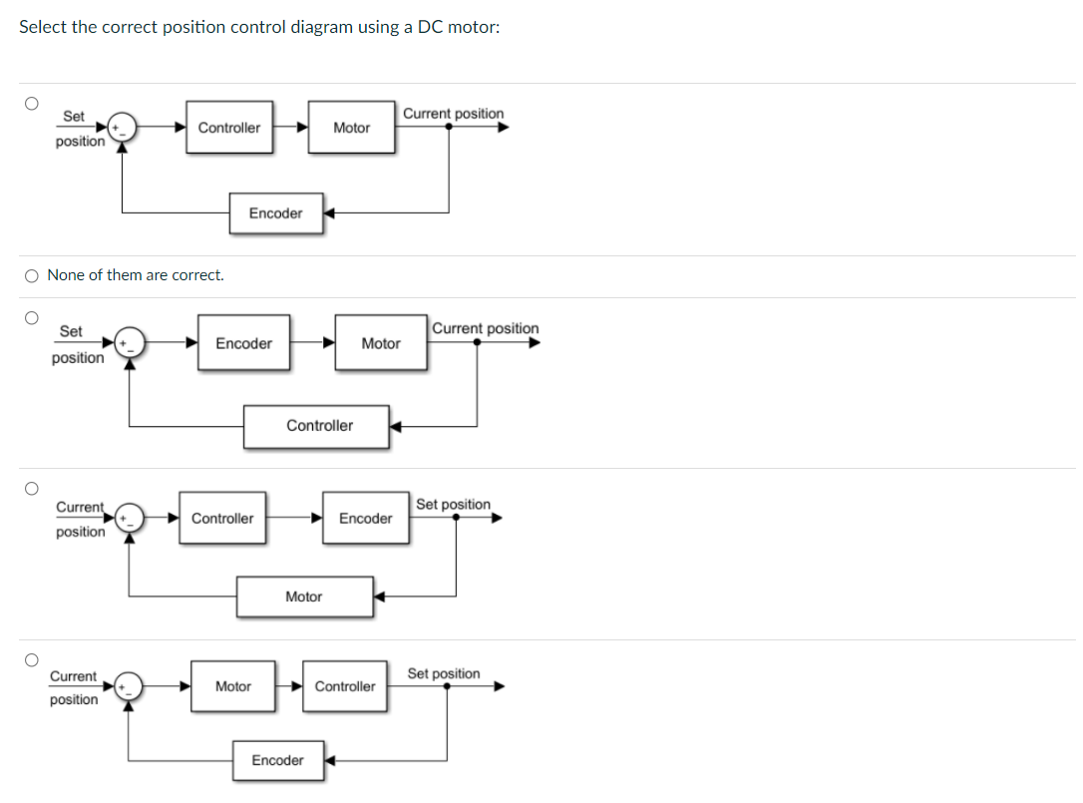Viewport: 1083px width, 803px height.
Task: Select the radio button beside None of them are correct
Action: [x=32, y=275]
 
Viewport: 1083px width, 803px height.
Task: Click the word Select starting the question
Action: [x=43, y=27]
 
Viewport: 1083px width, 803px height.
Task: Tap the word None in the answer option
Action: [x=66, y=275]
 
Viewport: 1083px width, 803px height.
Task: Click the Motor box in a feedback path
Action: [x=304, y=597]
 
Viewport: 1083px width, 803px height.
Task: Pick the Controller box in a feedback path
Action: [x=318, y=426]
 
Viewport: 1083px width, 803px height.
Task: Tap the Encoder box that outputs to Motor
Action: [x=243, y=343]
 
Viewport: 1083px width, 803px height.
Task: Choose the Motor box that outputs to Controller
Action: [x=233, y=686]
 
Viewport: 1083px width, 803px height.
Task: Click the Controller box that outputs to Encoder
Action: [x=222, y=519]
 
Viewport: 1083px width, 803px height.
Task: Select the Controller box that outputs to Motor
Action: [x=229, y=128]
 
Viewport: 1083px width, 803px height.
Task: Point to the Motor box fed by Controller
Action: [x=351, y=128]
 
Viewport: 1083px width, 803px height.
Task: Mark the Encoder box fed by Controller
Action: [x=365, y=519]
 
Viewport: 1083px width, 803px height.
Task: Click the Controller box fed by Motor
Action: [x=345, y=686]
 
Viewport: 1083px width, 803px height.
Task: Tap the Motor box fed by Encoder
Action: [x=380, y=343]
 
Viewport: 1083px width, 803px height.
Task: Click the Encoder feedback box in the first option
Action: [x=275, y=213]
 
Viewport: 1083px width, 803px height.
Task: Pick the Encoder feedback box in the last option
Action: [x=277, y=761]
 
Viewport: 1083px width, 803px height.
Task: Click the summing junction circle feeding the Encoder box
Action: [x=130, y=343]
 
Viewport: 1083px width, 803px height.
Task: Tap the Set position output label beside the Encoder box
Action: [x=453, y=505]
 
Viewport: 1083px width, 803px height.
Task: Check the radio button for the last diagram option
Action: [x=32, y=659]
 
